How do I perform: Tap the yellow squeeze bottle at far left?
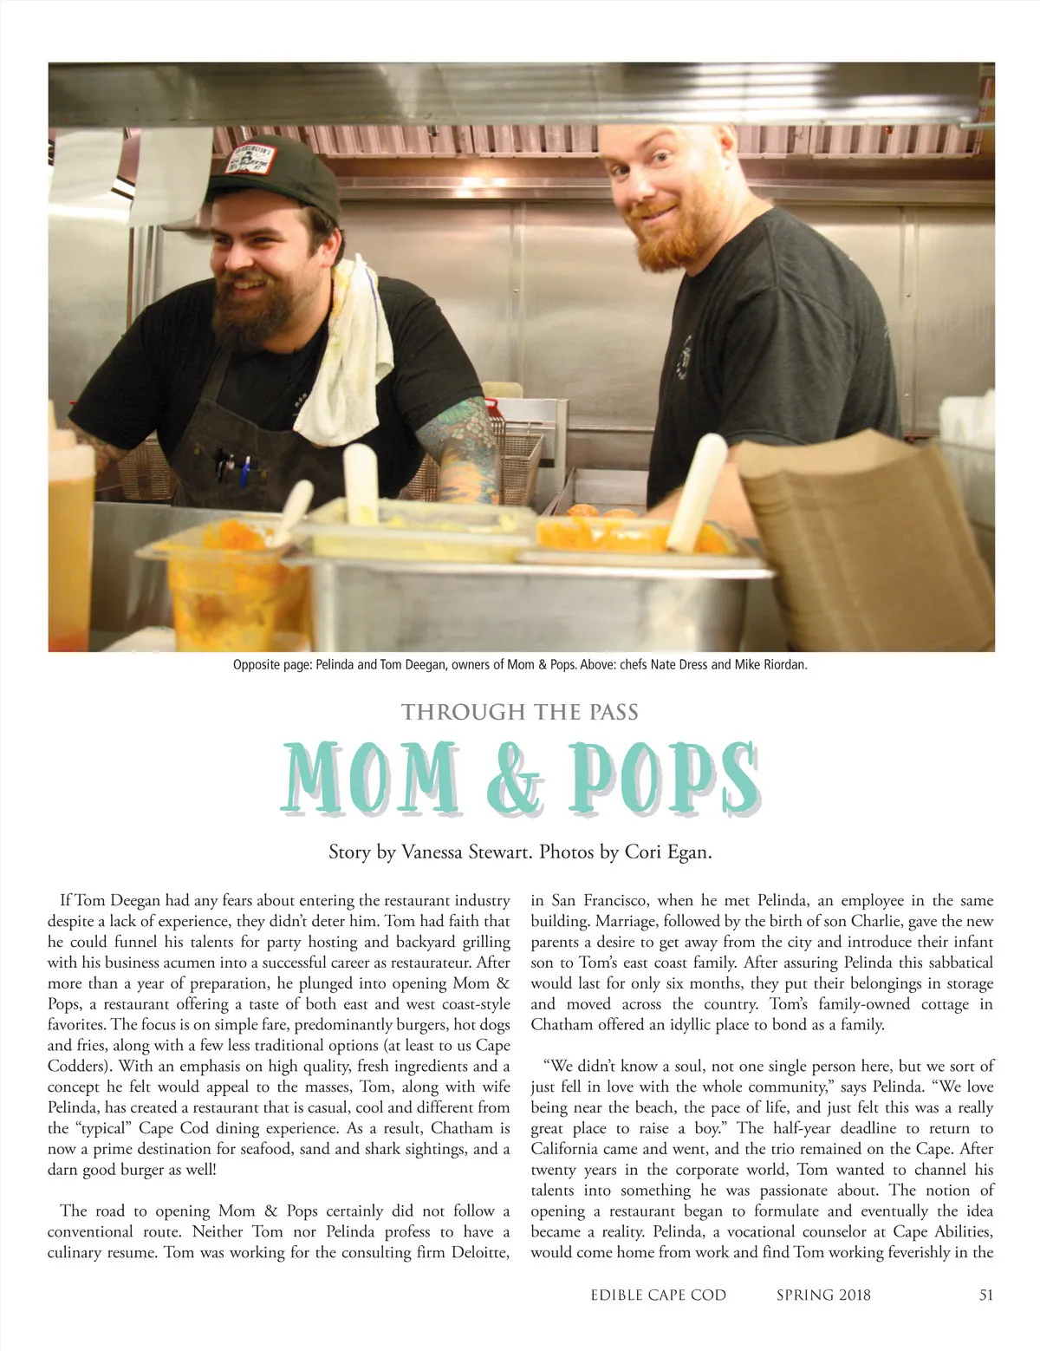pos(69,520)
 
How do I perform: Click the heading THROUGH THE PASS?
pos(520,713)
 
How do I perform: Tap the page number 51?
pos(985,1295)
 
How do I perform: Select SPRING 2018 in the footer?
pos(823,1295)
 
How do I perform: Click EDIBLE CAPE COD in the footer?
pos(659,1295)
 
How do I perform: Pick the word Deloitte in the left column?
pos(478,1252)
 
